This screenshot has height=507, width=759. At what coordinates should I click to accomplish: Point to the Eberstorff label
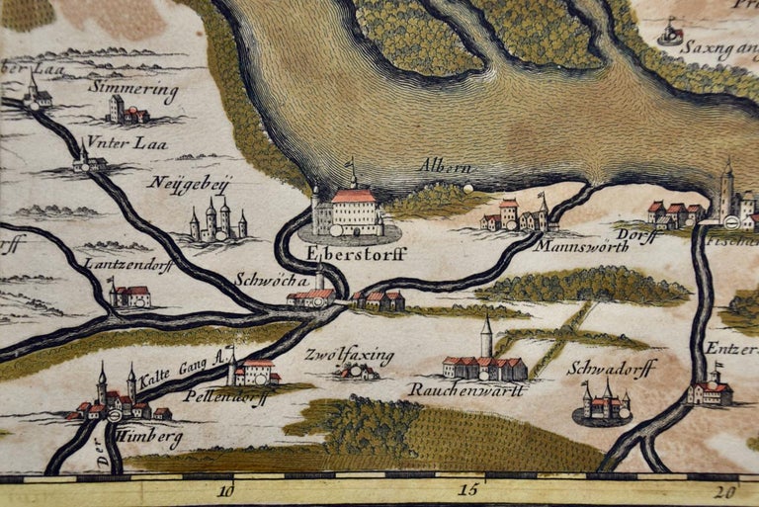point(343,252)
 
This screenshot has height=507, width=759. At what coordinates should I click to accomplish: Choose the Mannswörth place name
point(583,247)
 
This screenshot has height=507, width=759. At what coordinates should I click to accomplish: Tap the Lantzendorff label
point(127,265)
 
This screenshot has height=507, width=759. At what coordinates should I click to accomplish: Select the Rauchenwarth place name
point(465,389)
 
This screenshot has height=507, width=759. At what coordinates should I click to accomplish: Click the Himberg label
point(153,439)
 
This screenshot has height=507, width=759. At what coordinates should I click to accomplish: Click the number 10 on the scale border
point(226,490)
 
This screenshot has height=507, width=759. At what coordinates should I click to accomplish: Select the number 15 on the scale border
point(468,490)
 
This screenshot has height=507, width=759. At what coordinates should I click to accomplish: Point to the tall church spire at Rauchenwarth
point(486,338)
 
